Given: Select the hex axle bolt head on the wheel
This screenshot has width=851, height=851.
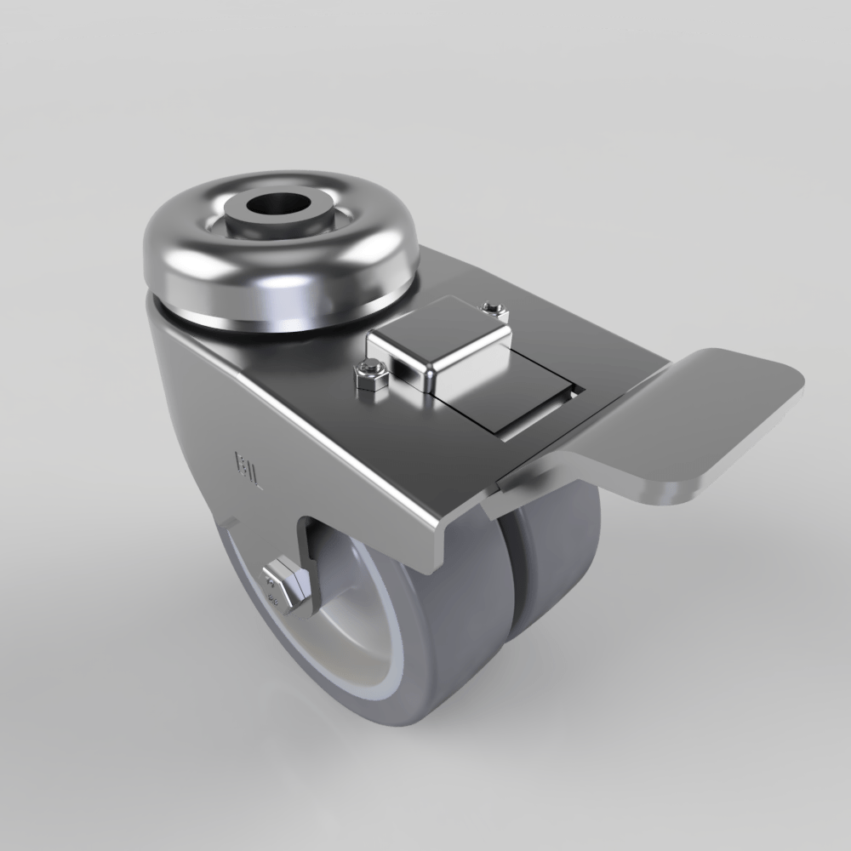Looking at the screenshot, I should (283, 587).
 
